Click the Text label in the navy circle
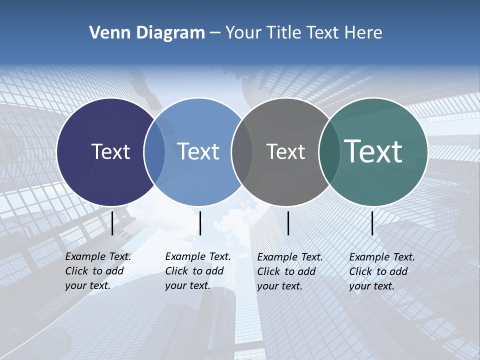click(110, 151)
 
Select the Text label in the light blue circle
click(198, 151)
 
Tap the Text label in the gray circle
click(285, 151)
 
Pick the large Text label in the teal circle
click(373, 151)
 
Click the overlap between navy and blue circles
click(154, 152)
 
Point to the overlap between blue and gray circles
click(242, 152)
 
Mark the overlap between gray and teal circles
click(329, 152)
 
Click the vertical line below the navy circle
click(112, 223)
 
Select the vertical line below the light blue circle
click(200, 223)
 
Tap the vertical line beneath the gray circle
click(288, 223)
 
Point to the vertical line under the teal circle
click(372, 223)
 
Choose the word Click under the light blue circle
click(176, 271)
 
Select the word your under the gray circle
click(267, 286)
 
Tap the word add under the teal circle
click(398, 271)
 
